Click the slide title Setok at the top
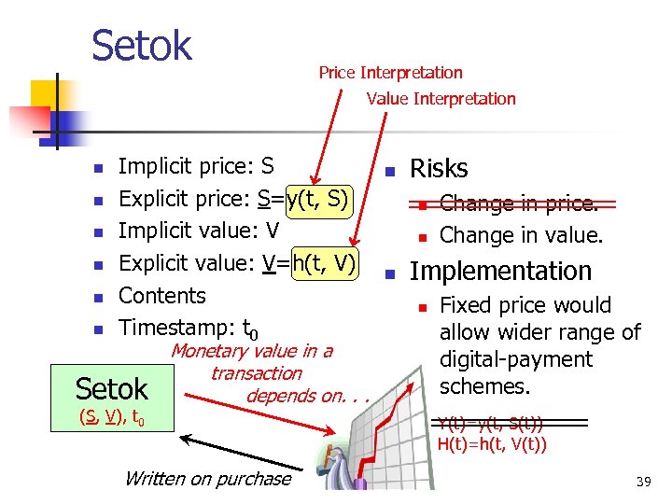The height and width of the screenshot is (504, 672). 142,45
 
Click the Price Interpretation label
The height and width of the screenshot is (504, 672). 390,73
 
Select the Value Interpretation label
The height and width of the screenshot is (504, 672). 441,99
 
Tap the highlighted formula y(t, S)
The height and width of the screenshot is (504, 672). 319,199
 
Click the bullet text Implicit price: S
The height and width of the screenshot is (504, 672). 196,167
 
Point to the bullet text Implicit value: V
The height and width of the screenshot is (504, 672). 199,231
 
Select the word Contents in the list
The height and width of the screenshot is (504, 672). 162,296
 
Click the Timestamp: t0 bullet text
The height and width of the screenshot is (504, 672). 188,329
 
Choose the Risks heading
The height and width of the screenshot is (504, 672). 439,169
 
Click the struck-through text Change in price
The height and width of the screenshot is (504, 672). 519,203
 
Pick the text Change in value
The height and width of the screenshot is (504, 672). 521,235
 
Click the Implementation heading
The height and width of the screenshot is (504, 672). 501,272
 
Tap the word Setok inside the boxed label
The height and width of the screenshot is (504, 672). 112,388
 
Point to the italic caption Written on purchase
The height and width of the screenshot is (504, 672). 207,479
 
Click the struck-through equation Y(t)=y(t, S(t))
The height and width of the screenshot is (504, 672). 491,424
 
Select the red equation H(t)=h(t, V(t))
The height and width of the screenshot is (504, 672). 492,443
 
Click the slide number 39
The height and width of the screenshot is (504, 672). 643,482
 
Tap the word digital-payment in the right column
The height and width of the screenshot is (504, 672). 516,359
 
